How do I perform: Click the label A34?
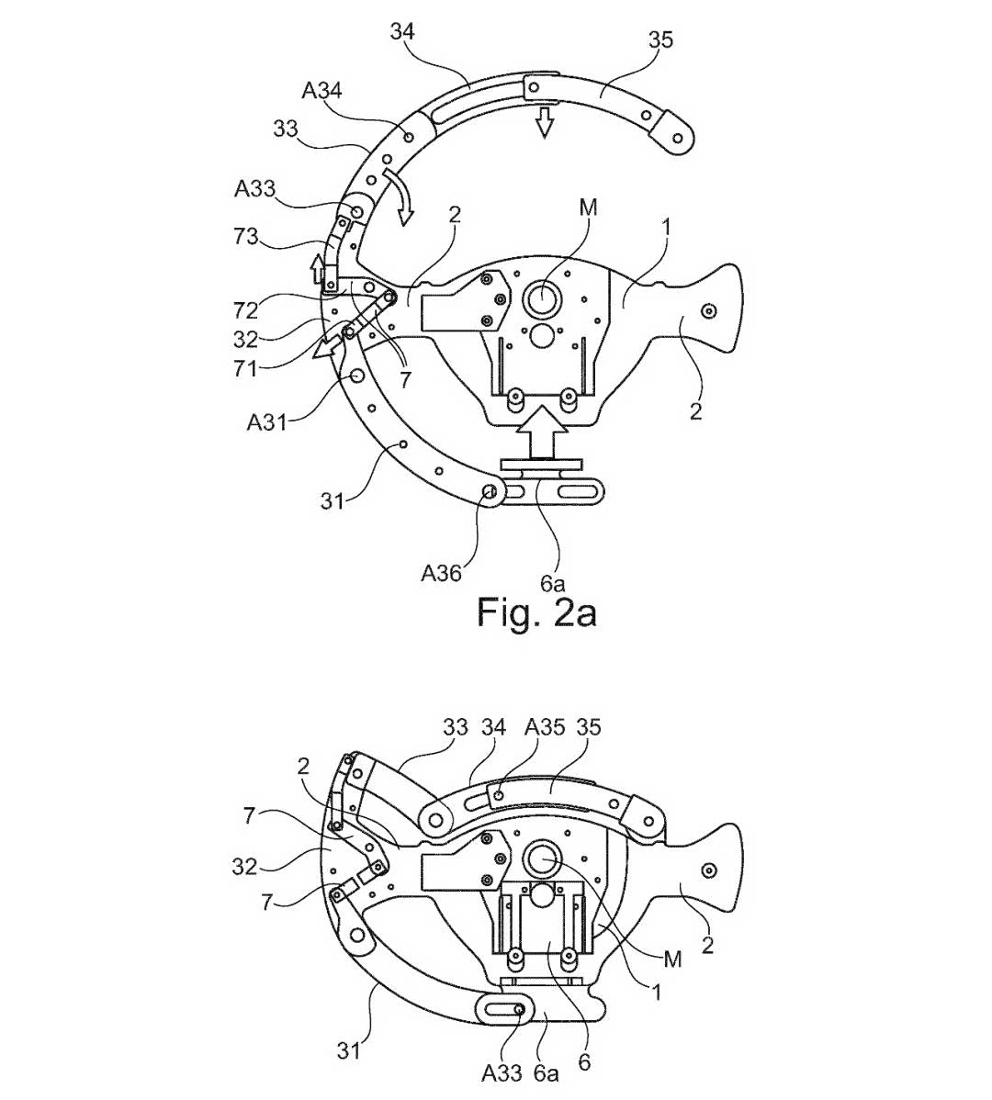[x=322, y=91]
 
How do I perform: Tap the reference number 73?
[x=246, y=237]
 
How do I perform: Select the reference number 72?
[x=246, y=310]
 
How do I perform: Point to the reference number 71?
[x=245, y=367]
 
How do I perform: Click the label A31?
[x=267, y=422]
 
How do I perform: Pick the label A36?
[x=441, y=573]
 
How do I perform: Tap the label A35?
[x=545, y=727]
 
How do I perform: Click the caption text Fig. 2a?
[x=536, y=612]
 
